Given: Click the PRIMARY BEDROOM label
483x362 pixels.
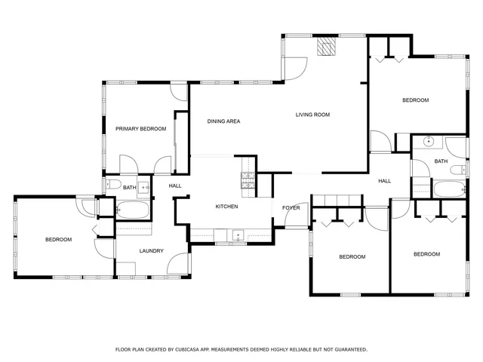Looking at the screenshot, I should pos(140,129).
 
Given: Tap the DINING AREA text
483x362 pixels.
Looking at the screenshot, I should pos(223,121).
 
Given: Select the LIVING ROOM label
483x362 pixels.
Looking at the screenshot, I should pos(312,115).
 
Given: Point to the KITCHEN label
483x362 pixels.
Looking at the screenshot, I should pos(226,206).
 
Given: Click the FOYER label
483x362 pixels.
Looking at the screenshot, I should pos(291,207).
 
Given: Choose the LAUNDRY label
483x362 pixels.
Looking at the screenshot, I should pos(151,250).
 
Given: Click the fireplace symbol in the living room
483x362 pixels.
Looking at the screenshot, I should pos(326,48).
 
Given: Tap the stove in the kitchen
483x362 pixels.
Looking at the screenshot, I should pos(247,179).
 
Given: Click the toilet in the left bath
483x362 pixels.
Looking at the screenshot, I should pos(112,185).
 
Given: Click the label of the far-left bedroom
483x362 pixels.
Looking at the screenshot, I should pos(58,240).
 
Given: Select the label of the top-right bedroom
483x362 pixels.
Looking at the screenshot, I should pos(415,100).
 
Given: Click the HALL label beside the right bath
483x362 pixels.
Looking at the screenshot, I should pos(384,181).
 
